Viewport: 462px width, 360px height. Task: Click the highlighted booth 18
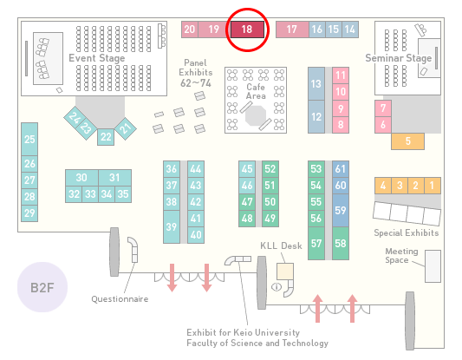click(x=247, y=29)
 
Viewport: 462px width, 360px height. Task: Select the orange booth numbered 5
click(x=407, y=141)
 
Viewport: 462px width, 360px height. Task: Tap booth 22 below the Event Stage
click(x=106, y=137)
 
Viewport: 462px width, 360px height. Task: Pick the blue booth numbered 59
click(x=341, y=210)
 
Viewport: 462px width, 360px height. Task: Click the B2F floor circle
click(x=42, y=287)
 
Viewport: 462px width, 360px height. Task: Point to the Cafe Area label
click(x=256, y=91)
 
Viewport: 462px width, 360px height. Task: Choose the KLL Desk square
click(x=285, y=272)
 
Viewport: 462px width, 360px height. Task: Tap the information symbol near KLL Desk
click(x=277, y=286)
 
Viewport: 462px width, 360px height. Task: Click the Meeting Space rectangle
click(x=433, y=266)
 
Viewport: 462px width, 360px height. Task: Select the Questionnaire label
click(x=120, y=299)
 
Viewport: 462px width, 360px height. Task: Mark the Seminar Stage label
click(x=399, y=58)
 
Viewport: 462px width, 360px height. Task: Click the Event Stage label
click(x=96, y=58)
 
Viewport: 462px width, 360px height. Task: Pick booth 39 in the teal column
click(x=172, y=226)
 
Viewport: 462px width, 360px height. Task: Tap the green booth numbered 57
click(x=316, y=243)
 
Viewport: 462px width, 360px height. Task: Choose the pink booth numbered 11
click(x=341, y=75)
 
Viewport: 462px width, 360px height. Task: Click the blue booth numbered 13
click(x=316, y=84)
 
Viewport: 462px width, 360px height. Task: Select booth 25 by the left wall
click(x=29, y=139)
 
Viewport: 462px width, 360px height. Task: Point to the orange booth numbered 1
click(x=433, y=186)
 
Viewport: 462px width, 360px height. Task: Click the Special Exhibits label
click(x=407, y=233)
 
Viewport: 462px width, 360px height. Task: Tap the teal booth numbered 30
click(x=81, y=178)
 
